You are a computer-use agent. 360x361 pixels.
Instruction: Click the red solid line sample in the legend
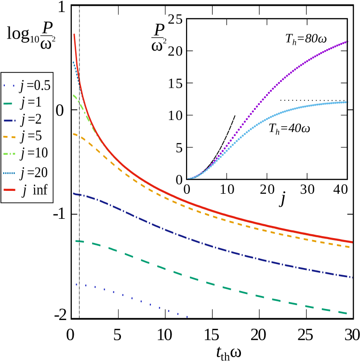(x=9, y=190)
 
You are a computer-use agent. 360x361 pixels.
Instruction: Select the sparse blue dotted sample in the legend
(x=9, y=86)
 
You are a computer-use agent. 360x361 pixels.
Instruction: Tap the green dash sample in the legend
(x=8, y=103)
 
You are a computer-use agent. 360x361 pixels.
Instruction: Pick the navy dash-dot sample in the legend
(x=9, y=120)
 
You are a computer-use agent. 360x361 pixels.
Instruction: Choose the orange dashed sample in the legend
(x=9, y=137)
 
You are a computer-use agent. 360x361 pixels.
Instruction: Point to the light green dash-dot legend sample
(x=9, y=154)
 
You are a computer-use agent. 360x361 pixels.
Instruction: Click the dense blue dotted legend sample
(x=9, y=173)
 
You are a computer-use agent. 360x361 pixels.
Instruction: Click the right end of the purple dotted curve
(x=347, y=41)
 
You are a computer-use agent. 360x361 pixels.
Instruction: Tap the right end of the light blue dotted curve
(x=347, y=102)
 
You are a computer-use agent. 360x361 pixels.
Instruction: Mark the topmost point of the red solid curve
(x=74, y=34)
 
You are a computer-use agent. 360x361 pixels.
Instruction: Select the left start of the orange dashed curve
(x=74, y=134)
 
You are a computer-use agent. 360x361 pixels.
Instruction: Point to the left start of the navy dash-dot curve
(x=74, y=194)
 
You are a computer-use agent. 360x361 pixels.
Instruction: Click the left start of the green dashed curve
(x=76, y=241)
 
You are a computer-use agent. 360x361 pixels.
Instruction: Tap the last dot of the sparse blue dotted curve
(x=187, y=317)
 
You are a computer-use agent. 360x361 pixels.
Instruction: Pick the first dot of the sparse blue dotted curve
(x=76, y=284)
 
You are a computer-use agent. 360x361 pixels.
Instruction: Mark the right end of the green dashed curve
(x=346, y=313)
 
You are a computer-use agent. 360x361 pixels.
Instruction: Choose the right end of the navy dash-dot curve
(x=352, y=277)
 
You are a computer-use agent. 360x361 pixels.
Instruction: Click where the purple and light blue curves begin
(x=188, y=178)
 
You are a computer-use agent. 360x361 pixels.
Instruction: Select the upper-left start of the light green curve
(x=74, y=95)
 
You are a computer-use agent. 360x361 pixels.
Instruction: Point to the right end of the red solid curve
(x=352, y=242)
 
